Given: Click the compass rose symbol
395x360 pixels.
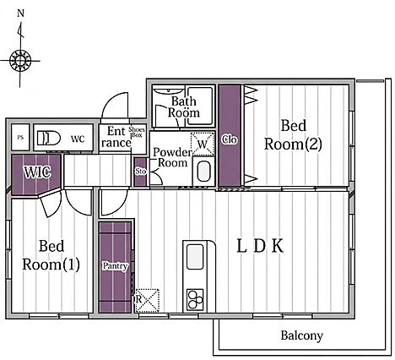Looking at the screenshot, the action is [x=20, y=61].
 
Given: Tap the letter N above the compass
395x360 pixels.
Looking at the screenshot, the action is [x=20, y=14].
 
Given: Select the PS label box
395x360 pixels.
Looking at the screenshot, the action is [x=20, y=138].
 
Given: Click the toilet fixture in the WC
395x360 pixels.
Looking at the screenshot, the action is [x=49, y=138].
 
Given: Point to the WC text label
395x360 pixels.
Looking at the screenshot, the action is [x=78, y=139].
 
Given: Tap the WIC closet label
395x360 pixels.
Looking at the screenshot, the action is [x=37, y=172].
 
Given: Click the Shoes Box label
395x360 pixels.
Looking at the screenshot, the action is [x=137, y=132].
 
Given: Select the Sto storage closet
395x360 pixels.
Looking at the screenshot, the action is [x=140, y=172].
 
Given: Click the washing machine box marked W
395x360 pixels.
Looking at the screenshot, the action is [x=203, y=145].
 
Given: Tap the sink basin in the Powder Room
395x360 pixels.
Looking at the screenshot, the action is [x=203, y=172].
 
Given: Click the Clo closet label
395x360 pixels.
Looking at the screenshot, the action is [x=230, y=139].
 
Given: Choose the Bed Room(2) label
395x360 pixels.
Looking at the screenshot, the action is [x=293, y=134].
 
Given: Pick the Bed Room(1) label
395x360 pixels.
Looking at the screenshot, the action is [x=51, y=255].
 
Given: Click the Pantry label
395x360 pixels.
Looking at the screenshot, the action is [x=115, y=266].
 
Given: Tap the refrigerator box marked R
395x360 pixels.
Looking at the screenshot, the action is [x=147, y=301].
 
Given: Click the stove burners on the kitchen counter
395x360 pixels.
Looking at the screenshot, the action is [x=195, y=300].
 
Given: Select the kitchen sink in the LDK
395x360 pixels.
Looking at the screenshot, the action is [x=195, y=257].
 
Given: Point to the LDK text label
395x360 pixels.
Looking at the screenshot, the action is [x=260, y=246].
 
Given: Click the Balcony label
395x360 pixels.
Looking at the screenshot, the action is [x=301, y=335].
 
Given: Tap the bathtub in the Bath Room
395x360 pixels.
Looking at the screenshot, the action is [x=200, y=106].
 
